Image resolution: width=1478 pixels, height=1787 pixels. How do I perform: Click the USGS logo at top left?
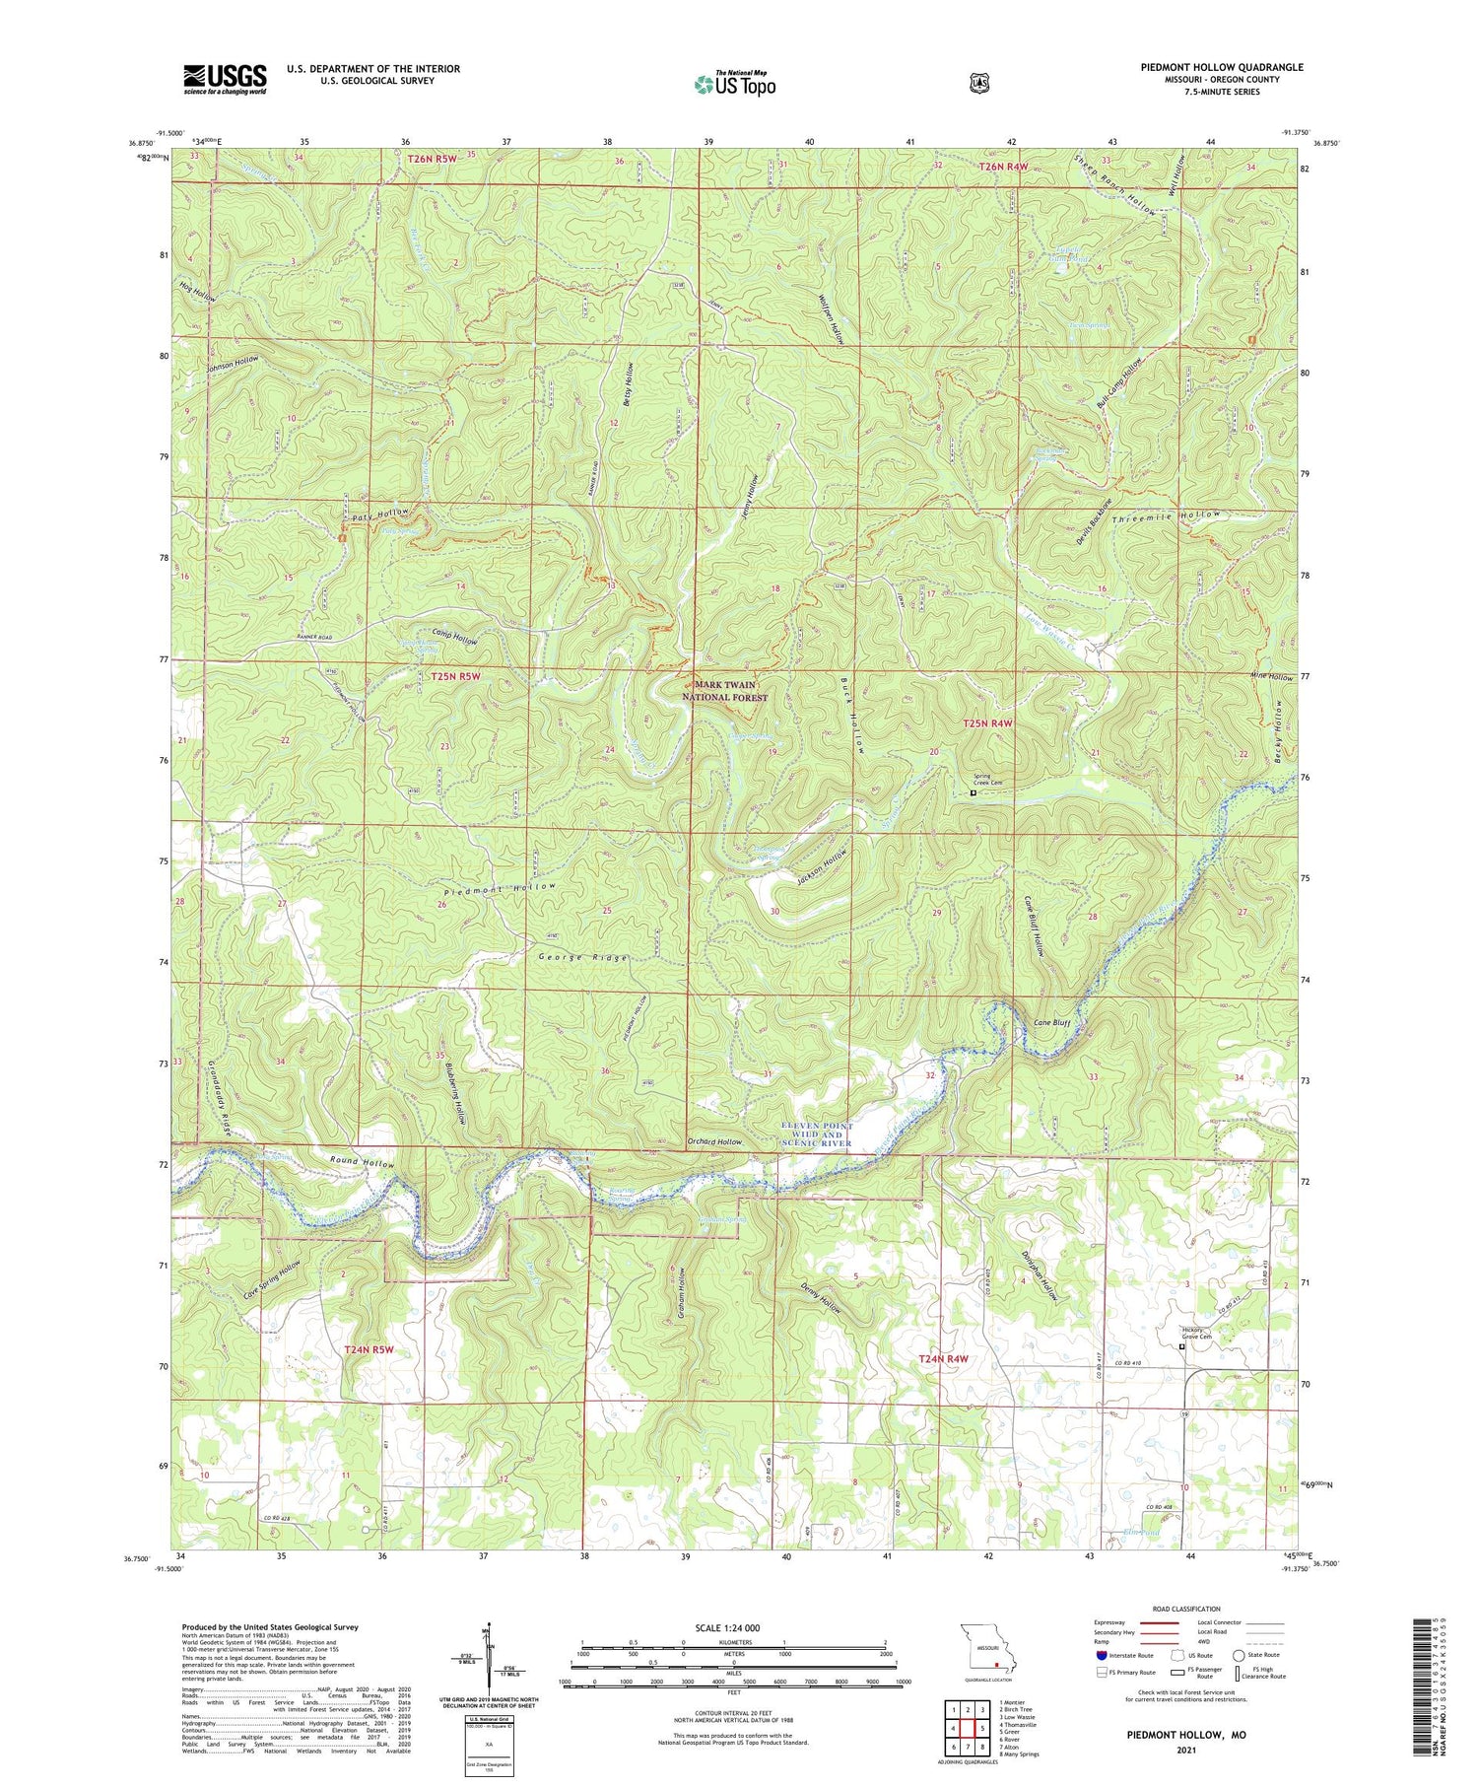pyautogui.click(x=225, y=79)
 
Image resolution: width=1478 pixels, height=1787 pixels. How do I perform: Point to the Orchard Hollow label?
pyautogui.click(x=714, y=1141)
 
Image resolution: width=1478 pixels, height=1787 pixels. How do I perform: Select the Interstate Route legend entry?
pyautogui.click(x=1118, y=1655)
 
